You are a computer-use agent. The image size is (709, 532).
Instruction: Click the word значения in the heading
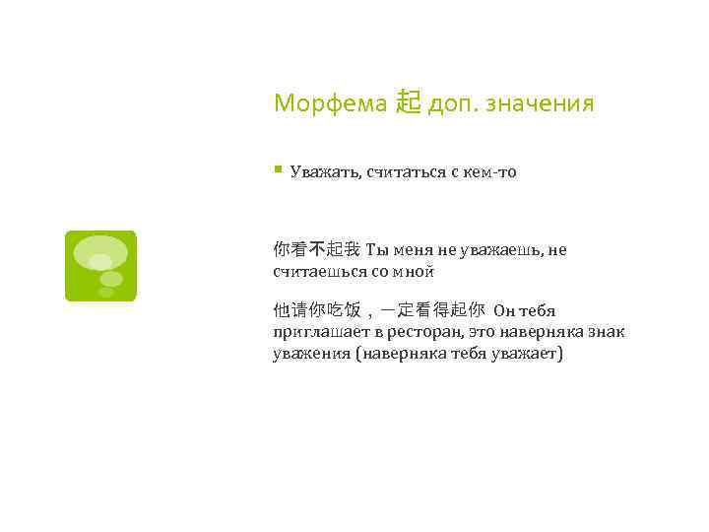tap(539, 102)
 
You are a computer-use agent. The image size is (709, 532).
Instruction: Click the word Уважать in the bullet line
tap(324, 172)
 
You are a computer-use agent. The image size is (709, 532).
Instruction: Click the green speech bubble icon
tap(100, 265)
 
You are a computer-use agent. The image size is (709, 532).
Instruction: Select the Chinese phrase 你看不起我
tap(316, 250)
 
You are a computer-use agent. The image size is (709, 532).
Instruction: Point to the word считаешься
tap(316, 270)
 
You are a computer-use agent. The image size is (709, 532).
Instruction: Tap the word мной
tap(414, 270)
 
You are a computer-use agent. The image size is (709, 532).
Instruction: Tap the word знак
tap(605, 332)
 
